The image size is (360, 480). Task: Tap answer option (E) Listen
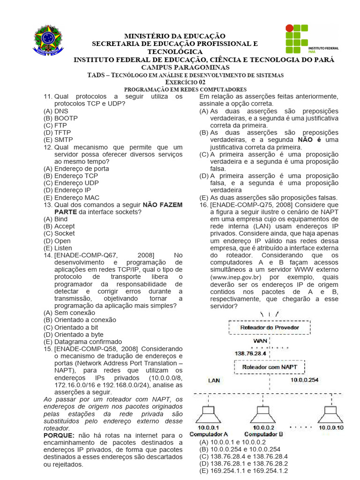(58, 248)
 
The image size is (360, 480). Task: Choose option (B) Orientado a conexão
(80, 320)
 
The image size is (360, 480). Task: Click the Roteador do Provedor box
(269, 327)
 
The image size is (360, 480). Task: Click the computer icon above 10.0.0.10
(330, 413)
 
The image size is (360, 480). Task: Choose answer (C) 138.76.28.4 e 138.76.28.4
(243, 456)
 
